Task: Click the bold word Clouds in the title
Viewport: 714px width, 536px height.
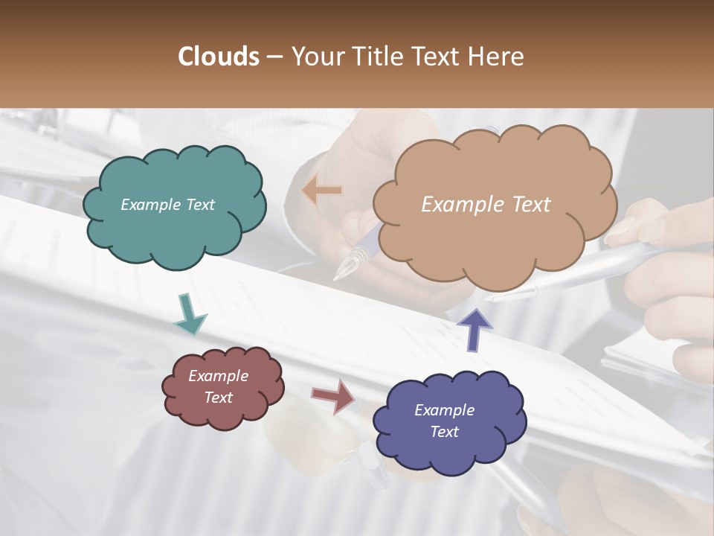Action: point(219,57)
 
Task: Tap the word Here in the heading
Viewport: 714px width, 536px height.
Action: point(497,57)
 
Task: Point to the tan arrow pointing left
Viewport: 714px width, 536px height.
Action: point(322,191)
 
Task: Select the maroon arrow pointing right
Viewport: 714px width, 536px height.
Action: point(333,396)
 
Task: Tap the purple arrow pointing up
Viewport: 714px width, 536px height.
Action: point(475,329)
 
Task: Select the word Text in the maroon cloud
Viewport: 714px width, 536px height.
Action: point(219,398)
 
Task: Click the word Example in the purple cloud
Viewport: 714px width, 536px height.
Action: point(444,410)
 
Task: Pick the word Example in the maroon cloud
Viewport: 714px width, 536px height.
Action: point(219,376)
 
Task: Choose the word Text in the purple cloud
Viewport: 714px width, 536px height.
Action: point(444,432)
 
